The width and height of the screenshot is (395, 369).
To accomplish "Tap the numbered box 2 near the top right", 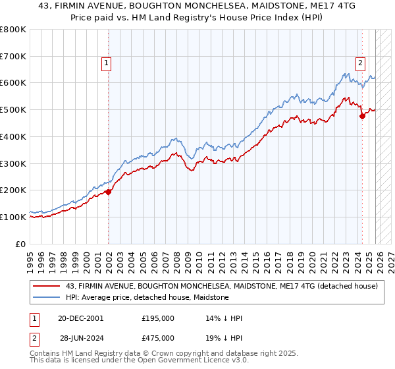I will (361, 63).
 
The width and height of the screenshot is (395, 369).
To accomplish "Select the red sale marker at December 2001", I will (108, 192).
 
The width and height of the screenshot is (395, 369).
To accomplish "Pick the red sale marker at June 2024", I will (362, 116).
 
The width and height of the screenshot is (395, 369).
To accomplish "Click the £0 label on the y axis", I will (20, 244).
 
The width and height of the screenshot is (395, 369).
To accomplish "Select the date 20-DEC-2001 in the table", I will (81, 318).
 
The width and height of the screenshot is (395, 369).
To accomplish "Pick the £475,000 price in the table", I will (158, 337).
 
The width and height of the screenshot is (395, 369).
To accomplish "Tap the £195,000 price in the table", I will (158, 318).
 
